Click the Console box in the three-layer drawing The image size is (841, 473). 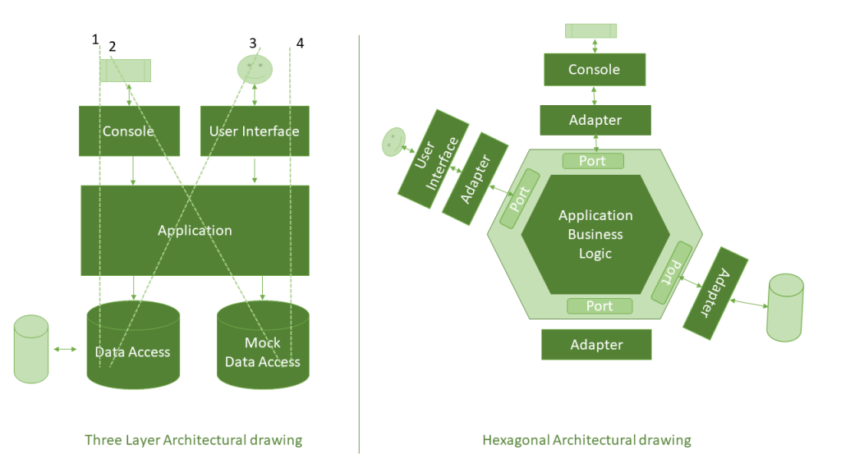tap(129, 131)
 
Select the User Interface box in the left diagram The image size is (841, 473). tap(255, 131)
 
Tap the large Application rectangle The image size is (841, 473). tap(195, 230)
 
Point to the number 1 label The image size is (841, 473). tap(95, 39)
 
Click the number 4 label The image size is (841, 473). tap(300, 43)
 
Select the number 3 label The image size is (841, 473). tap(252, 43)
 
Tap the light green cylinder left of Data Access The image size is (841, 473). tap(32, 349)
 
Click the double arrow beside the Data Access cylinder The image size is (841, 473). tap(66, 350)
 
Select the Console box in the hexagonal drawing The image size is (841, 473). tap(594, 70)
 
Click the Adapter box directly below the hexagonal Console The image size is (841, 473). tap(595, 120)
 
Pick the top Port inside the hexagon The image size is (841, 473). tap(592, 161)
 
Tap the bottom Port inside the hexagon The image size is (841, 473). tap(600, 305)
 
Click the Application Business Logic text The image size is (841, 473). tap(595, 234)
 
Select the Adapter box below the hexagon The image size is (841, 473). tap(596, 345)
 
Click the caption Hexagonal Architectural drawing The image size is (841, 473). tap(586, 440)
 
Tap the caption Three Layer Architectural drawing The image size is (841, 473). tap(194, 440)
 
